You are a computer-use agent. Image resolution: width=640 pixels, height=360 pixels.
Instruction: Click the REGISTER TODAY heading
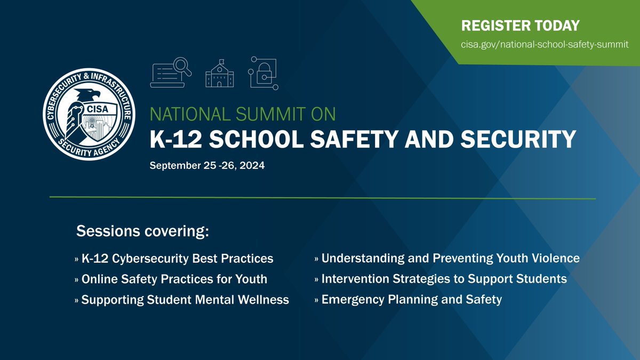(x=520, y=26)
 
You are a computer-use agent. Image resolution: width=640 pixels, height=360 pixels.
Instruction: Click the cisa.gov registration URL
(x=545, y=44)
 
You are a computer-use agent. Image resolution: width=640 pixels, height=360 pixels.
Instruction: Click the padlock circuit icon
(x=263, y=73)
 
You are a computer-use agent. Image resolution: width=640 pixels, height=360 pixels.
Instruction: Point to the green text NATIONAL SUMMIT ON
(x=243, y=114)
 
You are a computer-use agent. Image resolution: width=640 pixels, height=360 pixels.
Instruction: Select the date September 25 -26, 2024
(x=207, y=166)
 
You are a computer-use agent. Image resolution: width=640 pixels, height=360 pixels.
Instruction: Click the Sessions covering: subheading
(x=142, y=231)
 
